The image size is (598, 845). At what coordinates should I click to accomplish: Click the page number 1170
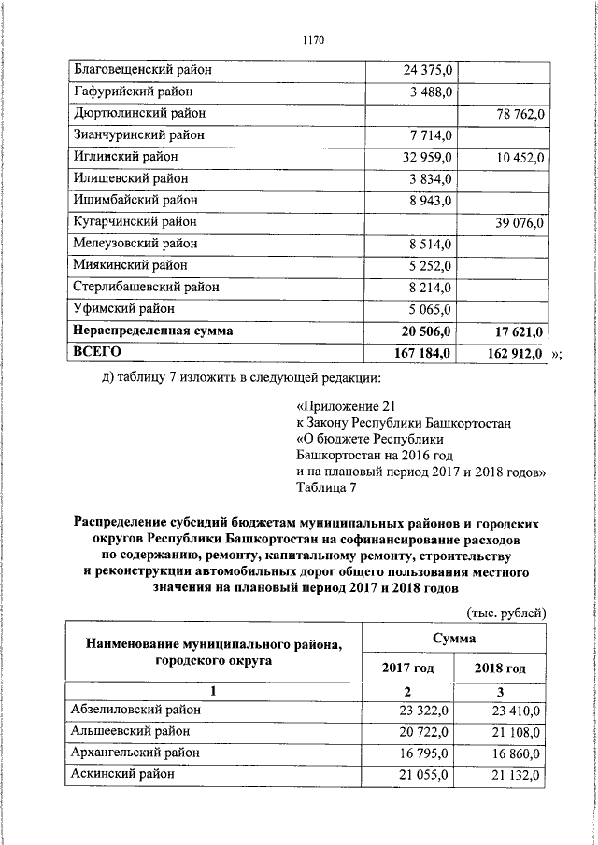click(x=313, y=40)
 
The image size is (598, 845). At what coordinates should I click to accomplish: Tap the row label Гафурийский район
click(x=128, y=92)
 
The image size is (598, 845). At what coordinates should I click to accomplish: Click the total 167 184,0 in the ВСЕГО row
click(x=422, y=353)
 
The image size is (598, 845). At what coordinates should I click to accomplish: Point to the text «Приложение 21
click(x=337, y=407)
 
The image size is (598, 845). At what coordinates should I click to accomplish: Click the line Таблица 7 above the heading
click(x=325, y=487)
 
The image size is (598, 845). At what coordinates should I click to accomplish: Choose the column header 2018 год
click(x=500, y=669)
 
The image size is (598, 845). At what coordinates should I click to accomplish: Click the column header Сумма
click(x=453, y=639)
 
